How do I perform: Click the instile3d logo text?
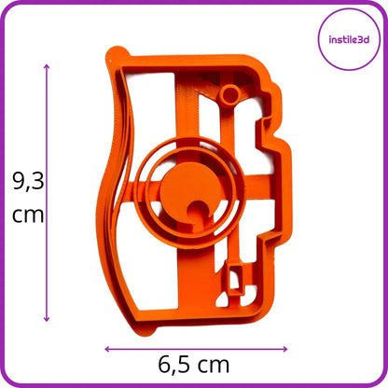tap(349, 39)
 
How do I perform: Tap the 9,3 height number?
tap(28, 181)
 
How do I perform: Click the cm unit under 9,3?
tap(28, 215)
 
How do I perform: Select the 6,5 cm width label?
tap(194, 365)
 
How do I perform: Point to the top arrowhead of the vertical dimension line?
tap(47, 66)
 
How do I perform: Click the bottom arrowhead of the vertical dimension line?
tap(47, 319)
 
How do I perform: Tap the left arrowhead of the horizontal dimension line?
tap(107, 349)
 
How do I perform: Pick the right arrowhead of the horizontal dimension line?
tap(284, 349)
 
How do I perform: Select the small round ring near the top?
tap(229, 94)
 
